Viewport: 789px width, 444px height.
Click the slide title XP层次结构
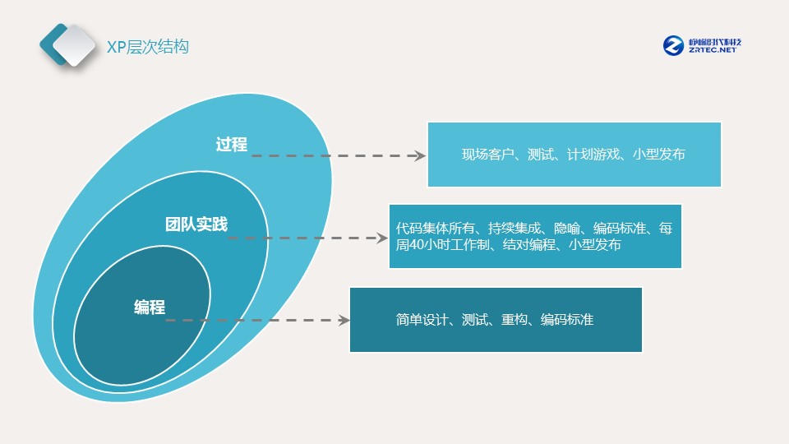pyautogui.click(x=147, y=47)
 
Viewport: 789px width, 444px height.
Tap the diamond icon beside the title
pyautogui.click(x=67, y=44)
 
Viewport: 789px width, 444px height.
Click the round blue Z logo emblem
pyautogui.click(x=673, y=45)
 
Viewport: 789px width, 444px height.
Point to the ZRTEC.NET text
pyautogui.click(x=712, y=50)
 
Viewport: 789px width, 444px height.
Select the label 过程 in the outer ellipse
pyautogui.click(x=232, y=145)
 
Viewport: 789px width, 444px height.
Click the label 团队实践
pyautogui.click(x=196, y=224)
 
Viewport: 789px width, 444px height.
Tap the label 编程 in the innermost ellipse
pyautogui.click(x=150, y=307)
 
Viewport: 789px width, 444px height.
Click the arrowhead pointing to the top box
pyautogui.click(x=420, y=155)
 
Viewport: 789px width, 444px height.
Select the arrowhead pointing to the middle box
pyautogui.click(x=382, y=238)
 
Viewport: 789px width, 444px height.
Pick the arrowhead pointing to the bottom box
pyautogui.click(x=344, y=320)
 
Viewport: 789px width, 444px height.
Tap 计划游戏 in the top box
pyautogui.click(x=593, y=154)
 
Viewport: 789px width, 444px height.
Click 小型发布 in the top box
pyautogui.click(x=659, y=154)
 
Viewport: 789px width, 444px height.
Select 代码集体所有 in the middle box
pyautogui.click(x=436, y=229)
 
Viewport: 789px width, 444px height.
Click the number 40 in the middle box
pyautogui.click(x=416, y=245)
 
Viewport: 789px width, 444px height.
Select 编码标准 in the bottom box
pyautogui.click(x=567, y=320)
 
